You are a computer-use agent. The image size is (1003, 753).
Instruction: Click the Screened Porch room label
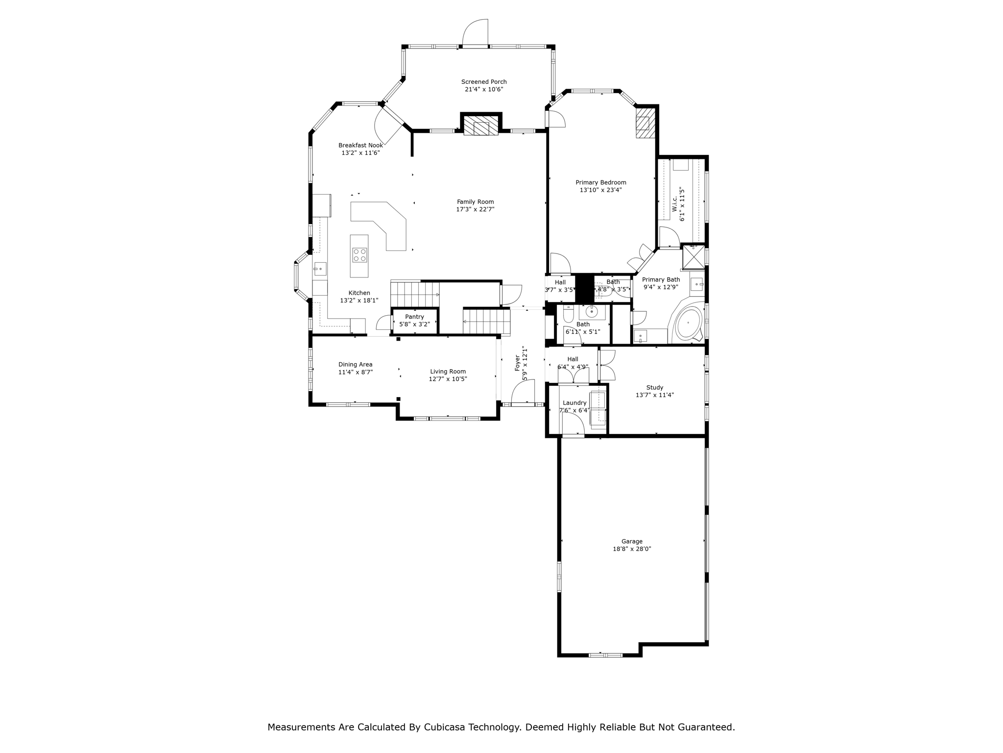(x=484, y=82)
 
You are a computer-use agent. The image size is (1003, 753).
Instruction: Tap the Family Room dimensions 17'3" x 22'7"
(x=475, y=209)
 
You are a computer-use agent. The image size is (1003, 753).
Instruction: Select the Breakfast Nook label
(x=360, y=145)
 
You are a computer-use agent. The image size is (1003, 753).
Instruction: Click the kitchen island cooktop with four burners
(x=359, y=255)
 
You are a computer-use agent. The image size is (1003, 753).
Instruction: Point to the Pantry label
(x=414, y=317)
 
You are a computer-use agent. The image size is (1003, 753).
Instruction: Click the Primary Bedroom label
(x=601, y=182)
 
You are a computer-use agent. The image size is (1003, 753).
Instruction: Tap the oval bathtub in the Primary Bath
(x=688, y=324)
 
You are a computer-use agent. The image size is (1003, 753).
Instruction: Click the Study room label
(x=655, y=387)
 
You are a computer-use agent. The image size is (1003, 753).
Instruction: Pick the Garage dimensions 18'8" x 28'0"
(x=632, y=549)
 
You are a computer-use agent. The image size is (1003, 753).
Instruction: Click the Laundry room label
(x=574, y=403)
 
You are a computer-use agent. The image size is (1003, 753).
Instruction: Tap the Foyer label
(x=517, y=363)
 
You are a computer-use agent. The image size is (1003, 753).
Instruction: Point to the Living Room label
(x=448, y=372)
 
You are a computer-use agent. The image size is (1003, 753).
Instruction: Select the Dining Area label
(x=355, y=364)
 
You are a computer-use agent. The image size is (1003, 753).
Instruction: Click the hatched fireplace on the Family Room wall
(x=481, y=125)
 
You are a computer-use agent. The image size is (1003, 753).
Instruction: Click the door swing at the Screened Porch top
(x=475, y=32)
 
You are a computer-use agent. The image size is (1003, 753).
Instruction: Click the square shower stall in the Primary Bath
(x=693, y=257)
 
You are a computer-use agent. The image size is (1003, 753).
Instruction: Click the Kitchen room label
(x=359, y=293)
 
